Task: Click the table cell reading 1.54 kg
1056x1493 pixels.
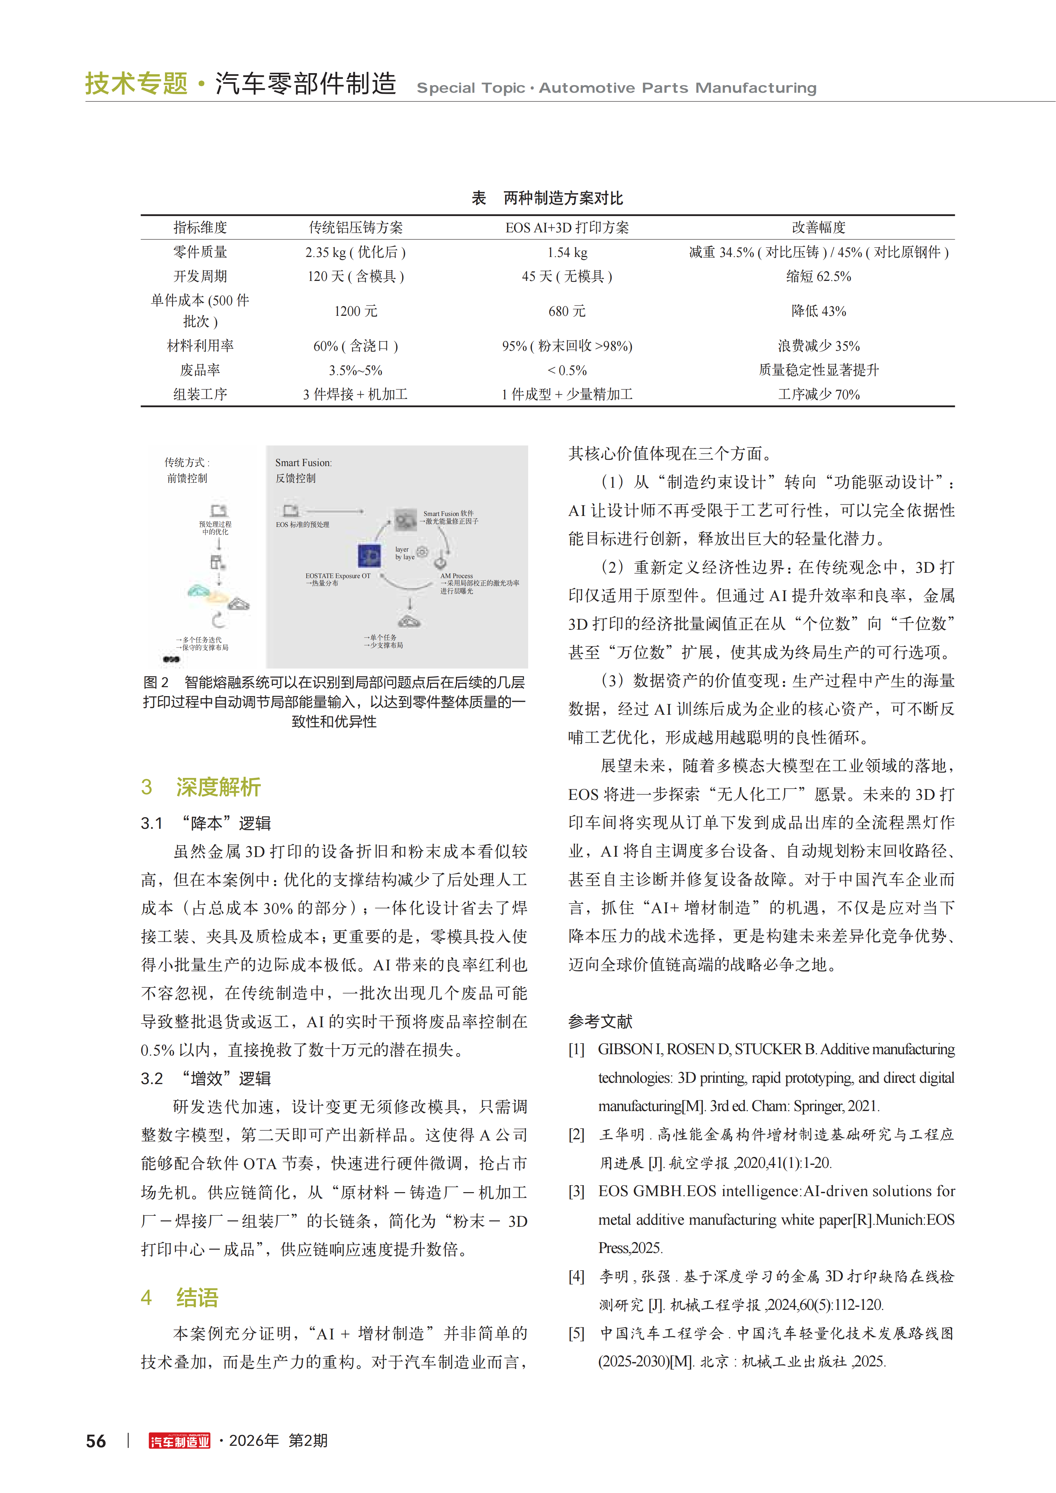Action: [x=567, y=252]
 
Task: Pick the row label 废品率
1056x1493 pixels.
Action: [x=200, y=370]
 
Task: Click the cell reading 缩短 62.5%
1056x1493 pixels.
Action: [x=819, y=276]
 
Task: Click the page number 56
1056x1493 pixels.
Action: [x=96, y=1441]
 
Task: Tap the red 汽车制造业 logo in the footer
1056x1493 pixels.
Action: [x=180, y=1441]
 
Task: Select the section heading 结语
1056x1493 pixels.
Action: [x=197, y=1297]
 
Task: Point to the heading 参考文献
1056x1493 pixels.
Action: [x=600, y=1022]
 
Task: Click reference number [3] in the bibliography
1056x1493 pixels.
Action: [x=576, y=1191]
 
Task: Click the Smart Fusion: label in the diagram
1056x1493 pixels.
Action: [x=303, y=463]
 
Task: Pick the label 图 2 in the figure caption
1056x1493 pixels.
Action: [x=156, y=682]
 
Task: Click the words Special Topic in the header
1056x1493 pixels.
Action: [x=470, y=88]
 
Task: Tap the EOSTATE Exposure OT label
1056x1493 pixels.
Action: [x=338, y=575]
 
